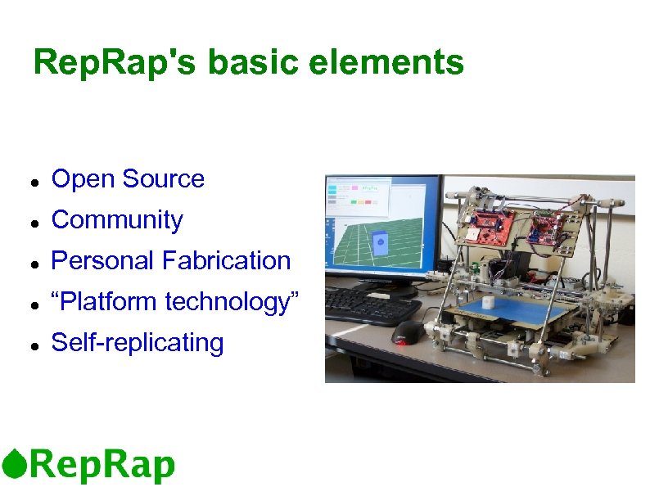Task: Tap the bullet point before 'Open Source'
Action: pos(29,181)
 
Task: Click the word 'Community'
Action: pos(117,220)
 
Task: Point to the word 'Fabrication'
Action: pos(226,261)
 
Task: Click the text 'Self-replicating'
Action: pos(137,343)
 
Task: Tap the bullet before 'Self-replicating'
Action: pos(29,345)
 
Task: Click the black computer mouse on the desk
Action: pos(408,332)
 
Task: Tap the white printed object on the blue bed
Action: pos(489,302)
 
